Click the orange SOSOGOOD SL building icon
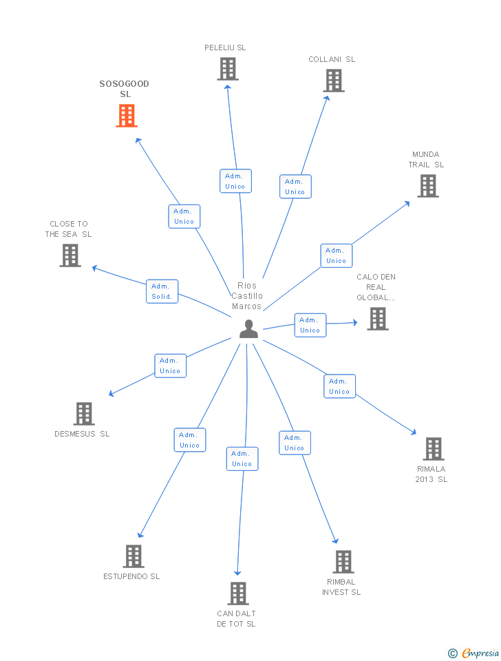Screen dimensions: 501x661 pos(127,116)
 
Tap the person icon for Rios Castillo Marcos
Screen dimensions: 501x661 pos(248,329)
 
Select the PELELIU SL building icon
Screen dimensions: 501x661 pos(228,69)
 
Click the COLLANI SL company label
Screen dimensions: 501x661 pos(332,59)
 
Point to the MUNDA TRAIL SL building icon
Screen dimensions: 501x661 pos(428,186)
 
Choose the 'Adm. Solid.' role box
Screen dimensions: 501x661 pos(162,291)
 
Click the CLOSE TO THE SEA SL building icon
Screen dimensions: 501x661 pos(70,255)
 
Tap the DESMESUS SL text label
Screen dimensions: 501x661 pos(82,434)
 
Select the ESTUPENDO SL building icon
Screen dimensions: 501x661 pos(134,556)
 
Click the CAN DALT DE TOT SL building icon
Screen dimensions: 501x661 pos(238,593)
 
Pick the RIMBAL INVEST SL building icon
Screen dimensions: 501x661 pos(343,562)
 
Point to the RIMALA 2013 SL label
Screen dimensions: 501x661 pos(431,474)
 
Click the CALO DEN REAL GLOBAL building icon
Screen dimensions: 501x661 pos(378,319)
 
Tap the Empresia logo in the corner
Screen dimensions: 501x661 pos(473,653)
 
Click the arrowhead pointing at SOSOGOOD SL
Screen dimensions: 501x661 pos(138,140)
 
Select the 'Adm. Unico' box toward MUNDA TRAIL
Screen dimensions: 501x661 pos(337,255)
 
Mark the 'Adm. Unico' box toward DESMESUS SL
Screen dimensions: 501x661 pos(170,366)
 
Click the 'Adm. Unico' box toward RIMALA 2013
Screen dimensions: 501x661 pos(339,386)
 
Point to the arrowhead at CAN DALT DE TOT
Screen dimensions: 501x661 pos(237,574)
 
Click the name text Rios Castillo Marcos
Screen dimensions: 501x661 pos(247,296)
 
